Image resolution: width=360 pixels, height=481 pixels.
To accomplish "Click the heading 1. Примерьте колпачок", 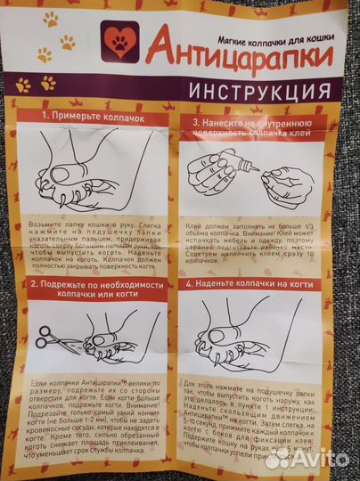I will click(x=90, y=117).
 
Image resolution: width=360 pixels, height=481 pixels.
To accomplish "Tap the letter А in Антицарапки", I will click(x=159, y=45).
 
